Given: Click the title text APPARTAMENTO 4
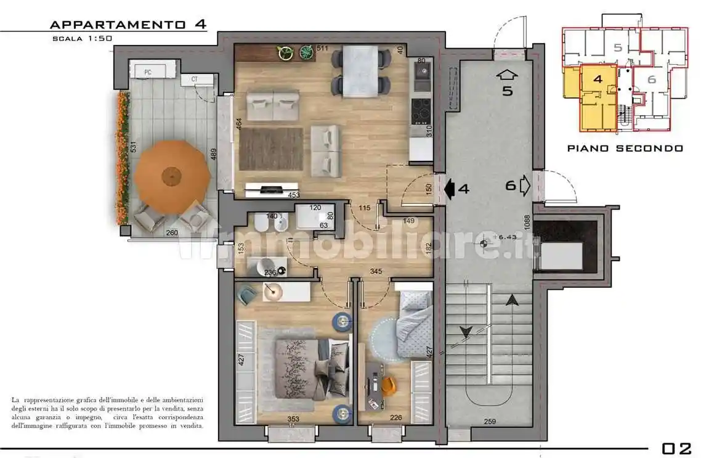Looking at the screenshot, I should [128, 25].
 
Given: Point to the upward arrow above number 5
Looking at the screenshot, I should [507, 75].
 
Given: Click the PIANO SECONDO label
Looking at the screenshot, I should [625, 149].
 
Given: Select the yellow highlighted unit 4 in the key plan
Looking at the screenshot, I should [598, 99].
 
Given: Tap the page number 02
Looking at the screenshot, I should [676, 448].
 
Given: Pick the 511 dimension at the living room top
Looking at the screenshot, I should [322, 49].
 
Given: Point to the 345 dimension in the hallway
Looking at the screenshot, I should [376, 271].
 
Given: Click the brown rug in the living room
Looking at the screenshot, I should [271, 149].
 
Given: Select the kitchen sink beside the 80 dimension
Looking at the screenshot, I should [423, 77].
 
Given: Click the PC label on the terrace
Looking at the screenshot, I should [148, 72].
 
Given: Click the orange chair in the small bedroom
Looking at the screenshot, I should [387, 386].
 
